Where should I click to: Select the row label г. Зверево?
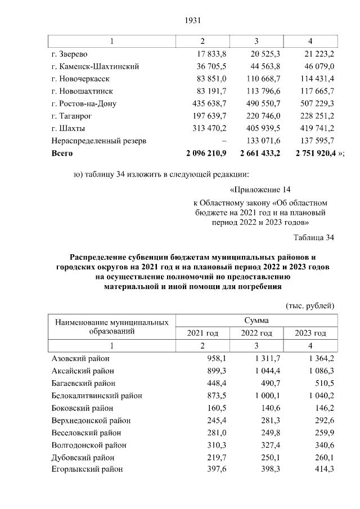[69, 54]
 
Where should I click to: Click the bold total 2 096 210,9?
[203, 153]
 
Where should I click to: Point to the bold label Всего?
[62, 153]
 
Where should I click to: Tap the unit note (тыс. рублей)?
[310, 305]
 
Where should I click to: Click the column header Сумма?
[256, 321]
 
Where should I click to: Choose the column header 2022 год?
[256, 333]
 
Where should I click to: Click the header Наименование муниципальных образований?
[111, 327]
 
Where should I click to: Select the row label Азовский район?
[80, 358]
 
